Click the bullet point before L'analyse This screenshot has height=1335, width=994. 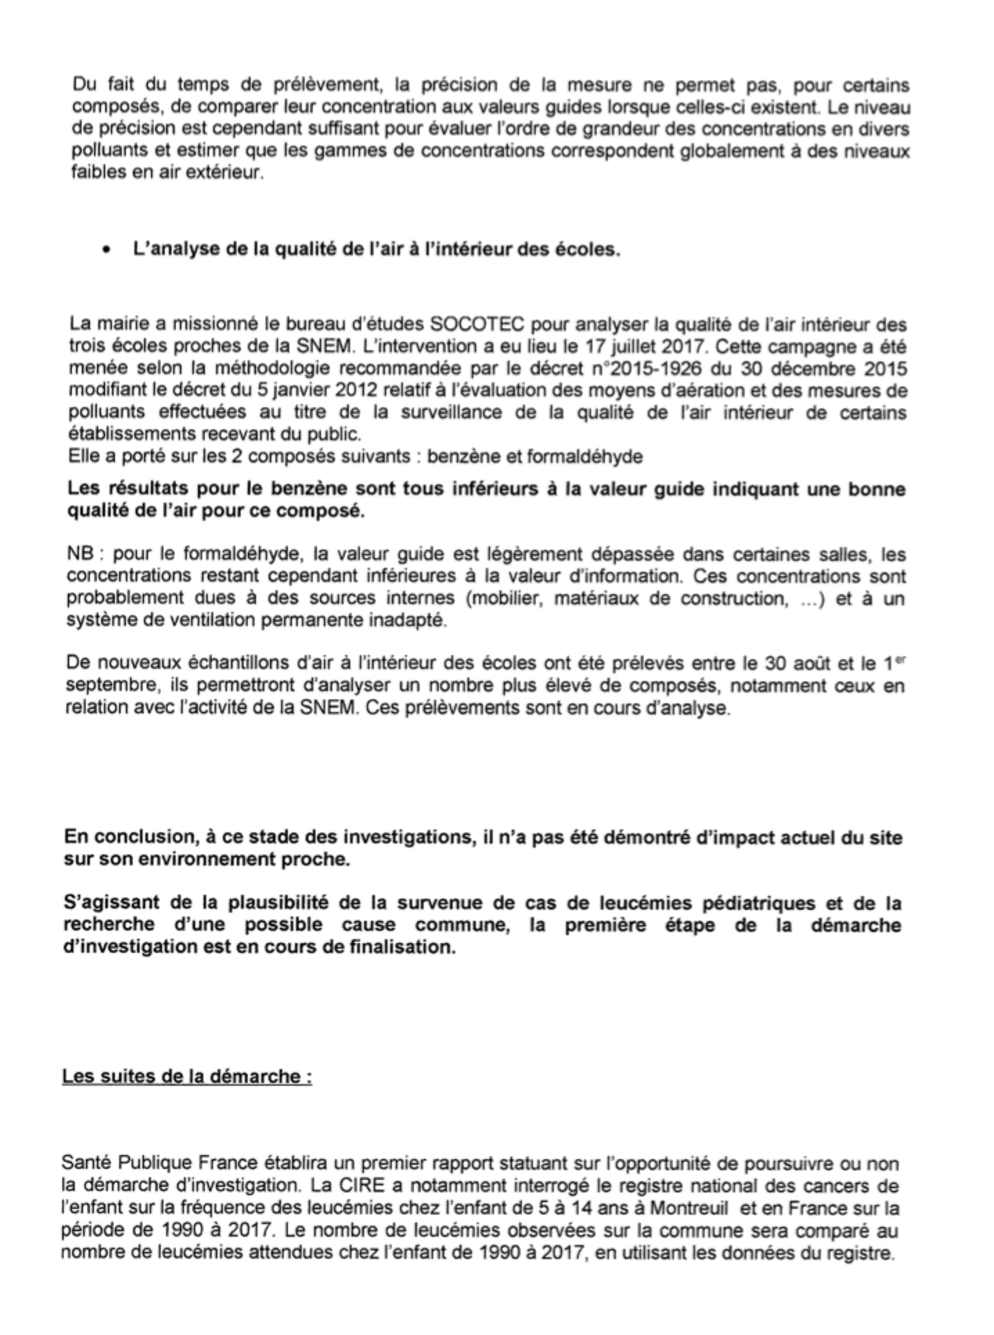point(107,250)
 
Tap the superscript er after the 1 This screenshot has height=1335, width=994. point(901,660)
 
